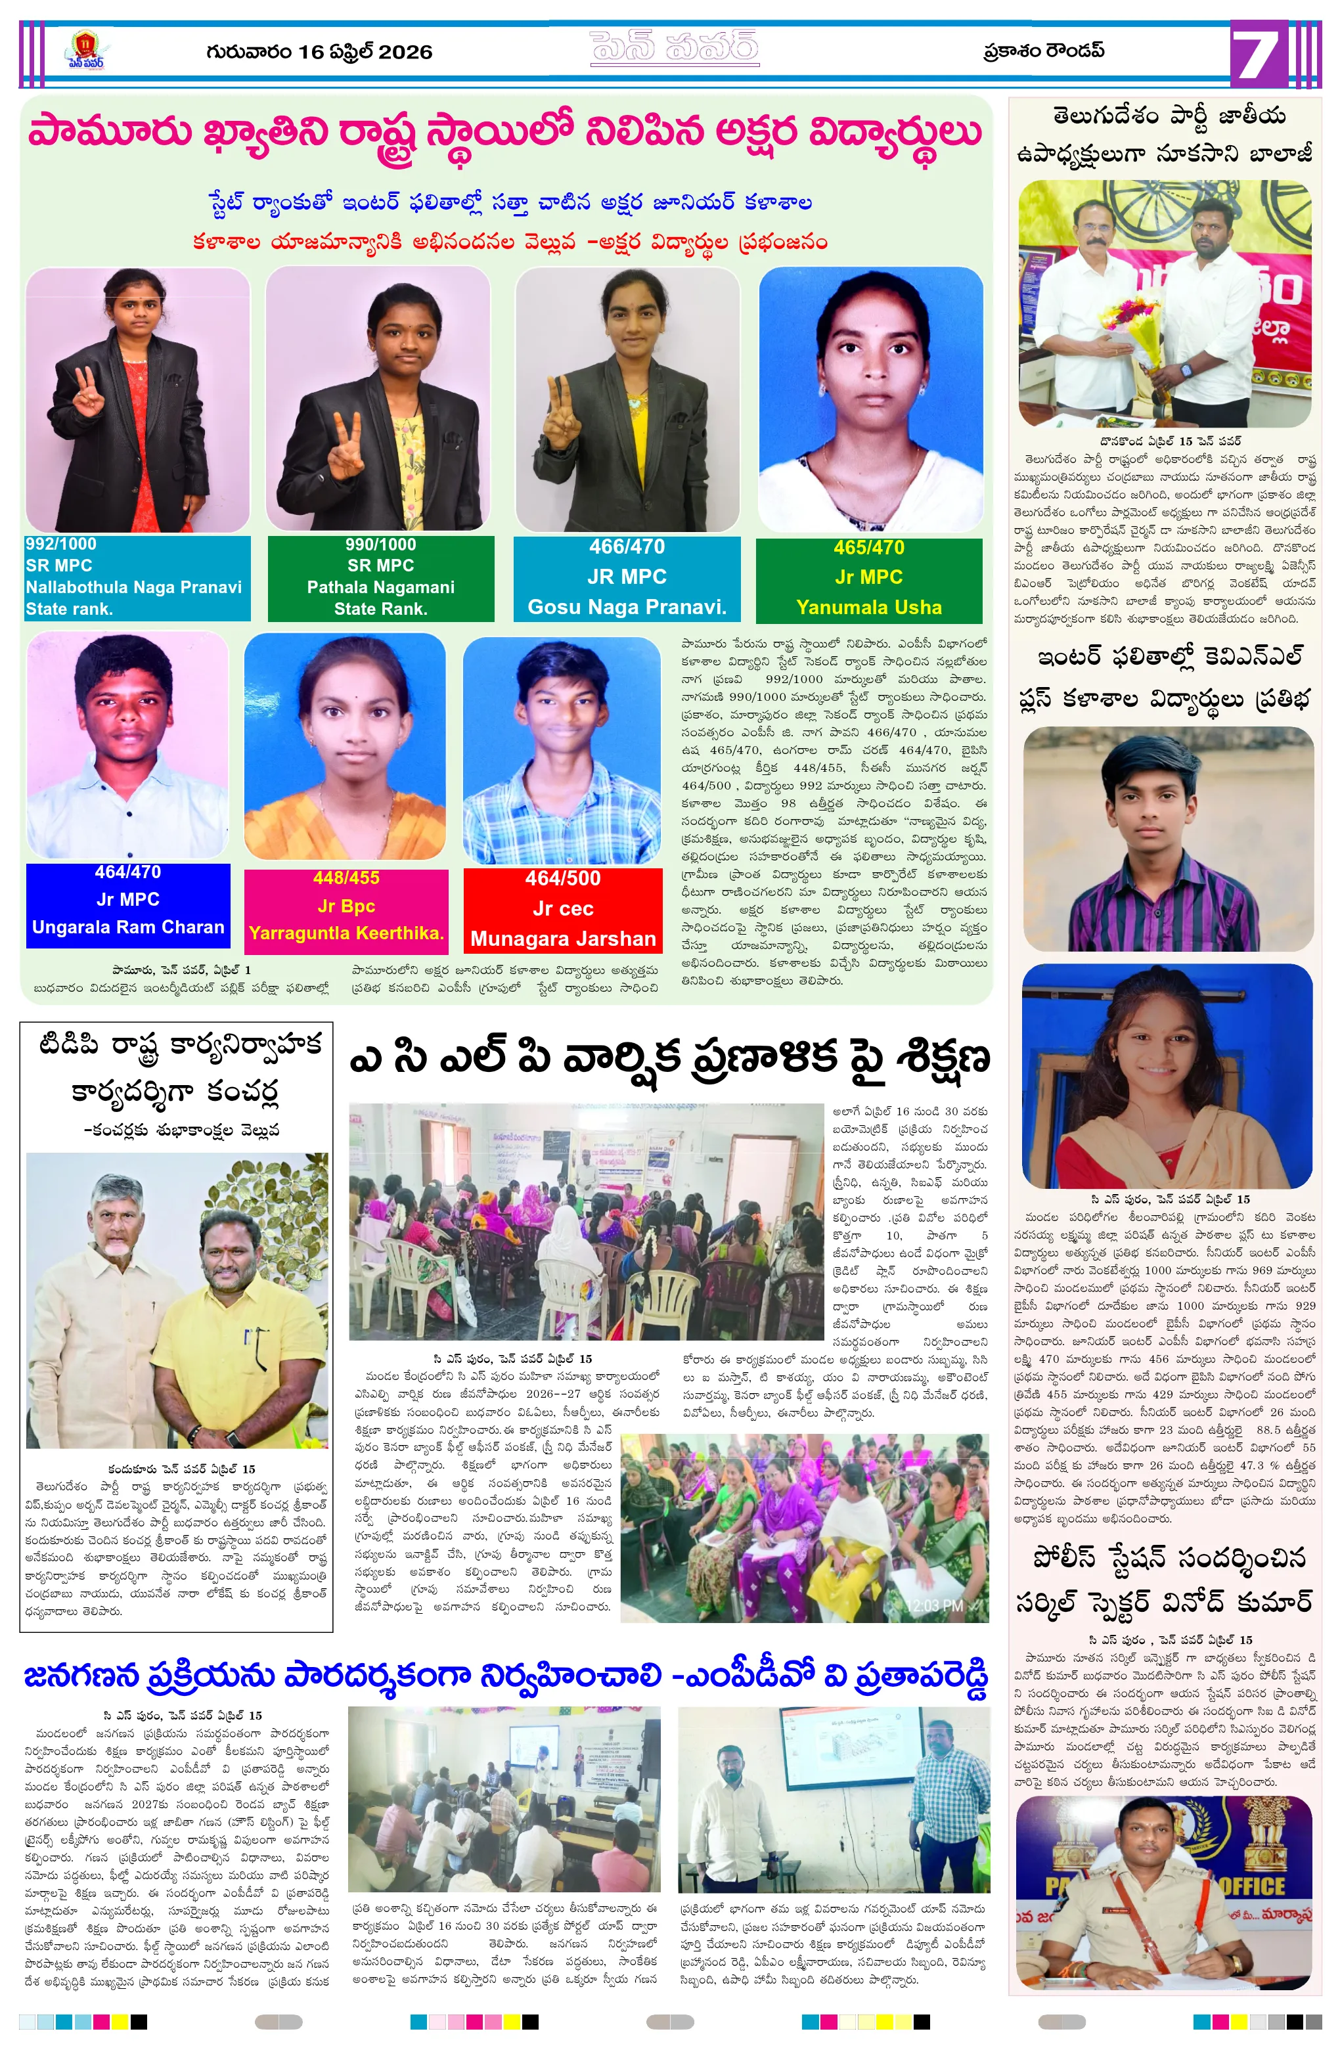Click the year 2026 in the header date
pos(405,53)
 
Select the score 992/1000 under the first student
pos(61,544)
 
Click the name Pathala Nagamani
pos(380,587)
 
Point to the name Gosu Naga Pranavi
pos(627,607)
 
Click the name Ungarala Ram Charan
pos(128,927)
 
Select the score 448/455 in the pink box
pos(346,878)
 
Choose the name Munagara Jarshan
pos(563,939)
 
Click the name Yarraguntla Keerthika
pos(346,933)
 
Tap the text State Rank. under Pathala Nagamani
pos(380,608)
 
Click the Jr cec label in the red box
pos(563,908)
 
